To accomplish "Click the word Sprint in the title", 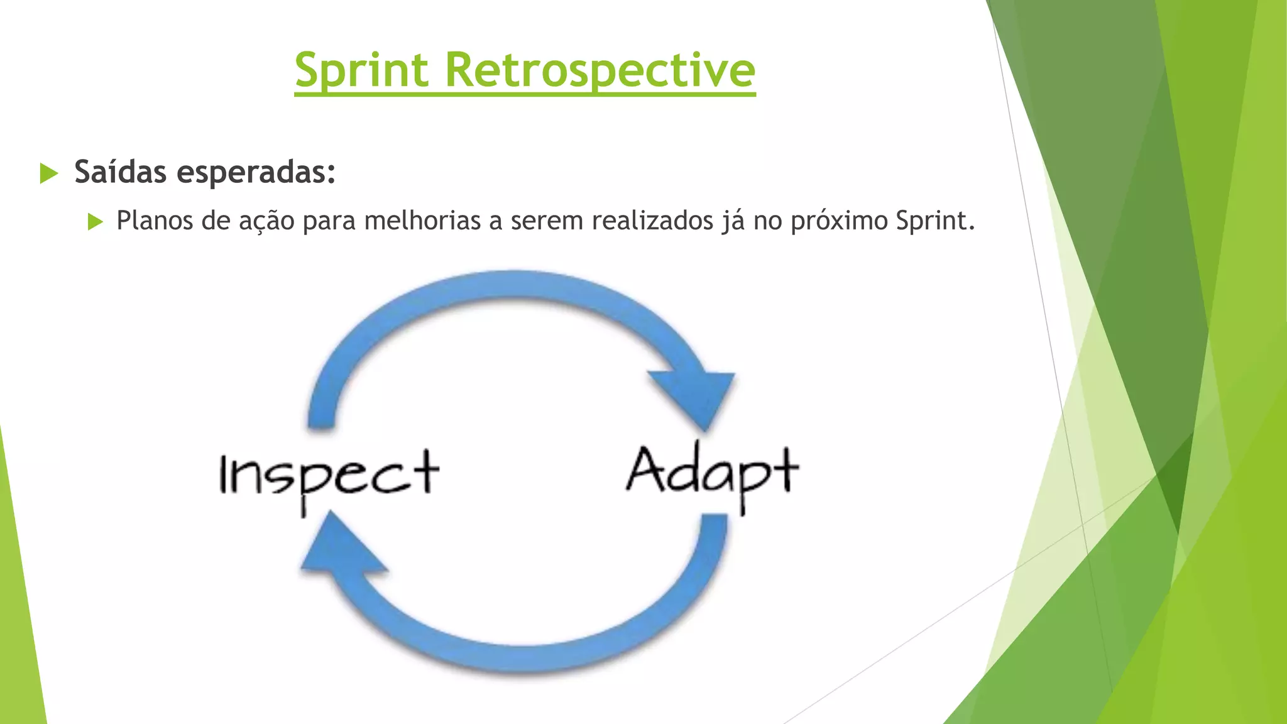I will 361,70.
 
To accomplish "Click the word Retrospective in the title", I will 600,70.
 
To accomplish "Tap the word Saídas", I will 121,172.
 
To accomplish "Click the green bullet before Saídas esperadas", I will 48,173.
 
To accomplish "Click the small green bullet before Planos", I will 95,221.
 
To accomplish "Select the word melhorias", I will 422,221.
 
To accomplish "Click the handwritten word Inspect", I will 328,475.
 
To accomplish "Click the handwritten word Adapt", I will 712,473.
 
